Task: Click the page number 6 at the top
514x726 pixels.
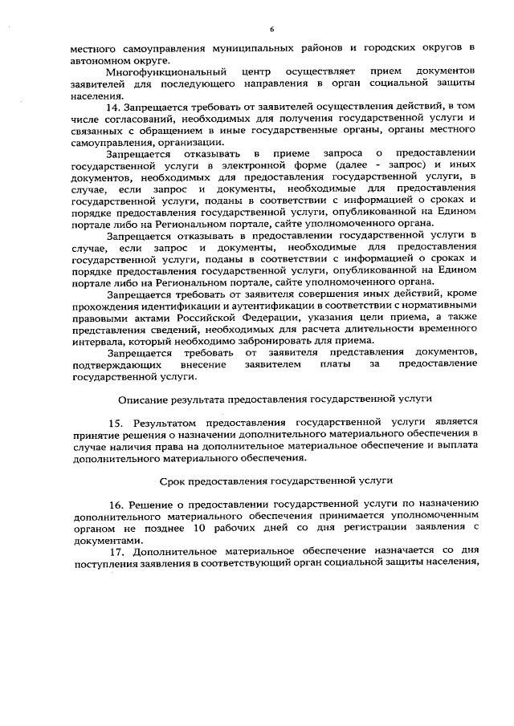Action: click(271, 30)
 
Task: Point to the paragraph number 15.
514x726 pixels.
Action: click(115, 420)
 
